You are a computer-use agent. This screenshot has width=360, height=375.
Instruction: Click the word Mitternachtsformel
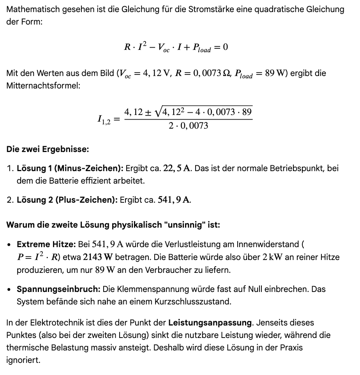click(43, 85)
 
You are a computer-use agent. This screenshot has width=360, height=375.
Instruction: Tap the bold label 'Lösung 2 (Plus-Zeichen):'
click(67, 200)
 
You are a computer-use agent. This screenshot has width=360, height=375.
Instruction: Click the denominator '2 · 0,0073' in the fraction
click(189, 126)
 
